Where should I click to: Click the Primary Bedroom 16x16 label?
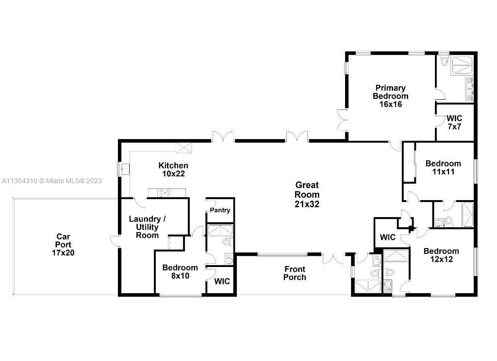(x=391, y=96)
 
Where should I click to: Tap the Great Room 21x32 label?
(x=307, y=194)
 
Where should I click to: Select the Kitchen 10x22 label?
(x=173, y=169)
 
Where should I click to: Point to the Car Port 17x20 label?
(x=63, y=244)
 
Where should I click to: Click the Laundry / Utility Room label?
(x=147, y=227)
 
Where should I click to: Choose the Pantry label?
(x=220, y=210)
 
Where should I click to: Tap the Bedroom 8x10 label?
(x=180, y=271)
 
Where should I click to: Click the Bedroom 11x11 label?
(x=443, y=167)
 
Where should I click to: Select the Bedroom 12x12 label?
(x=441, y=255)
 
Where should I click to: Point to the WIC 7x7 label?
(x=454, y=123)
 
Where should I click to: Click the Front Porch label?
(x=295, y=273)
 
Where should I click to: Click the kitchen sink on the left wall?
(x=125, y=169)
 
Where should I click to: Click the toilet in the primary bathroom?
(x=445, y=61)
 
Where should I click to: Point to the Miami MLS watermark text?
(x=51, y=181)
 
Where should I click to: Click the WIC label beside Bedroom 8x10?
(x=222, y=281)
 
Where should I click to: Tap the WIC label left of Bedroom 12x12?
(x=388, y=237)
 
